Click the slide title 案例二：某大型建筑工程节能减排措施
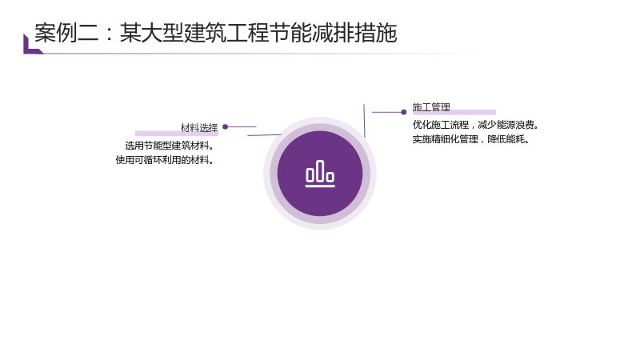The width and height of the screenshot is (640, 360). [x=215, y=33]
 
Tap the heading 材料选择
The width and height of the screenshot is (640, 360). [x=199, y=128]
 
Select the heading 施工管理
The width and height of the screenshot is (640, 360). [x=431, y=107]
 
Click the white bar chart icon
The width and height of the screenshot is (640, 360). [x=320, y=174]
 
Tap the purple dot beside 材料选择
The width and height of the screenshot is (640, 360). [x=225, y=127]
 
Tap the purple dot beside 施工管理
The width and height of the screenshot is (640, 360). [x=404, y=112]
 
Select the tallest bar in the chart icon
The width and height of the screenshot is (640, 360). [x=320, y=170]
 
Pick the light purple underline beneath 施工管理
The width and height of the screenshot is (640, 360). [x=454, y=112]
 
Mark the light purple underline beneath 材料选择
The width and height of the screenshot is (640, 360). [x=177, y=133]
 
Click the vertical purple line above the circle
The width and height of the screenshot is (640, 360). [x=364, y=121]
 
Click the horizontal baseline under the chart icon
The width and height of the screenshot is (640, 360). [x=320, y=186]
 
